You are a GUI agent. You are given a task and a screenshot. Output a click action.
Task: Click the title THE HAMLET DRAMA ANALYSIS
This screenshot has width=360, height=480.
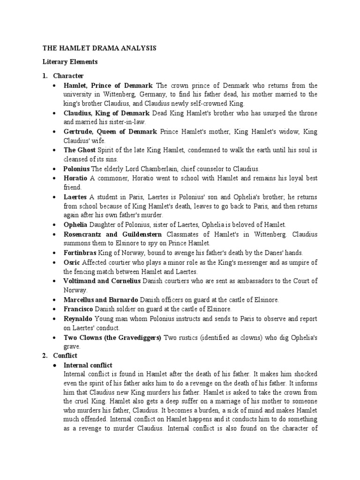point(99,48)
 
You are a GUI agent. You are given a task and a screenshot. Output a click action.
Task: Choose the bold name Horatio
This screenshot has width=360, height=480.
point(75,178)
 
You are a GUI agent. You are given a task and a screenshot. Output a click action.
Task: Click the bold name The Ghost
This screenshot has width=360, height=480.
point(79,150)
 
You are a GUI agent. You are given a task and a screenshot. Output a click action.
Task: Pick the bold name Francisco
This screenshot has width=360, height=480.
point(78,309)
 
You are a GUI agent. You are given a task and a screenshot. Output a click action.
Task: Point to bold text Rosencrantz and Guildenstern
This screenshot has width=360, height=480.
point(112,234)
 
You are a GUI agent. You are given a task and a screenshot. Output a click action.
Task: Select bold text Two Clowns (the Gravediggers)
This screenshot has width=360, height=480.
point(112,337)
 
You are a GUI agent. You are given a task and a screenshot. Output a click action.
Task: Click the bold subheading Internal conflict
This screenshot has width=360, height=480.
point(88,365)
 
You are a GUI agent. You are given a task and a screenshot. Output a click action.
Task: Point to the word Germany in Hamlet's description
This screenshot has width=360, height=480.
point(157,94)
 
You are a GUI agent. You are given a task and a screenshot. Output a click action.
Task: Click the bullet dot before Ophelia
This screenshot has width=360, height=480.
point(56,225)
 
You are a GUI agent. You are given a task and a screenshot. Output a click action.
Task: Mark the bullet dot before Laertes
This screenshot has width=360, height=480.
point(56,197)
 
